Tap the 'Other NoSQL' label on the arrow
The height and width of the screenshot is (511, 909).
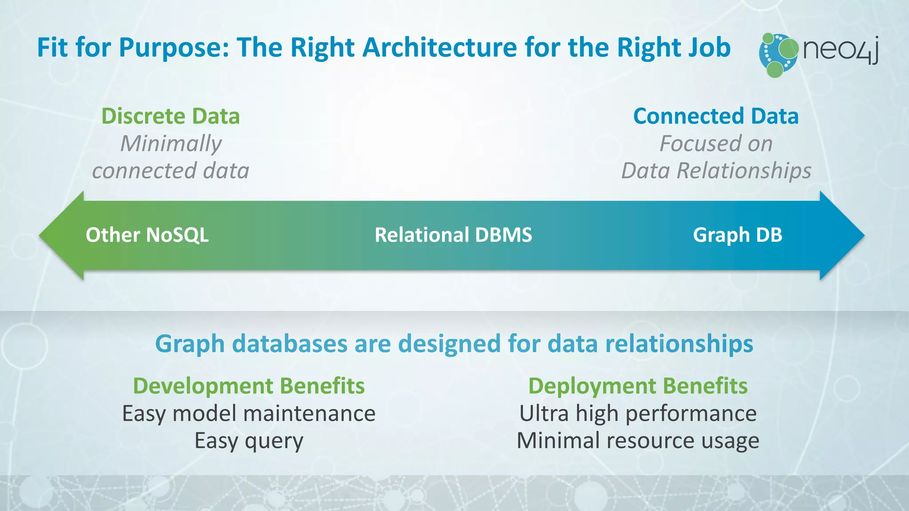(147, 235)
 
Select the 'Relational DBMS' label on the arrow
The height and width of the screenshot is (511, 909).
(453, 235)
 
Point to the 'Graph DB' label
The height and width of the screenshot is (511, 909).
(737, 235)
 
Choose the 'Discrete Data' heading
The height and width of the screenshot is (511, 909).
(170, 116)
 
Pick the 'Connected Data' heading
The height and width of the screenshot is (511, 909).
(715, 116)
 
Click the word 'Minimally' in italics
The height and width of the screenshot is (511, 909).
(171, 144)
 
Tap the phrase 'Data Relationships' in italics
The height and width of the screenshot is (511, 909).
(716, 171)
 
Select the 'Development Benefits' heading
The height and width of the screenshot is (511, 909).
(249, 386)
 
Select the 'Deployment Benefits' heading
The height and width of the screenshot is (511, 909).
(638, 386)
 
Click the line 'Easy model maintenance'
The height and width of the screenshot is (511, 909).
(249, 413)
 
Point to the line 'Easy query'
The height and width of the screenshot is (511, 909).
(249, 441)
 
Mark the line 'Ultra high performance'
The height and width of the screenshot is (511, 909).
(638, 413)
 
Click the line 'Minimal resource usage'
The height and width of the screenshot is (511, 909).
(638, 441)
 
